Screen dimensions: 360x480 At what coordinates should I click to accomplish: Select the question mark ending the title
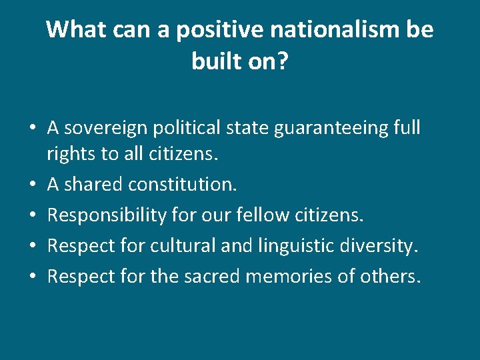tap(283, 61)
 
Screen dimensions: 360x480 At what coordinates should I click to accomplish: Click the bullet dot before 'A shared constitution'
tap(33, 185)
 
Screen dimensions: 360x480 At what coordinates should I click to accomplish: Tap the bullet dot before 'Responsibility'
tap(33, 216)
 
